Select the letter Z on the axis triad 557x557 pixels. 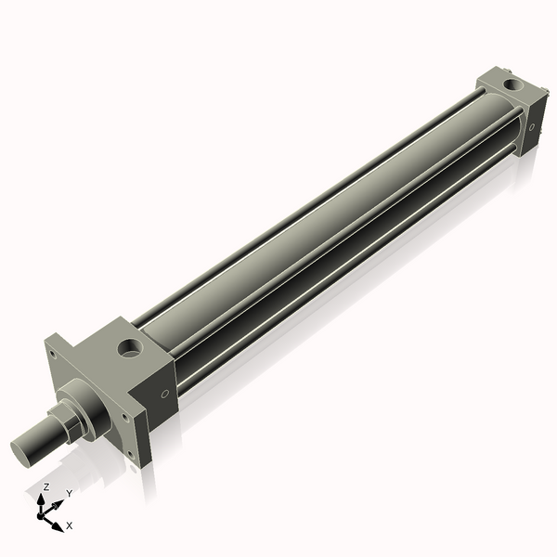click(46, 486)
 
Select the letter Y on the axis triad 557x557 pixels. click(69, 494)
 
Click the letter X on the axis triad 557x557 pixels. click(70, 525)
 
